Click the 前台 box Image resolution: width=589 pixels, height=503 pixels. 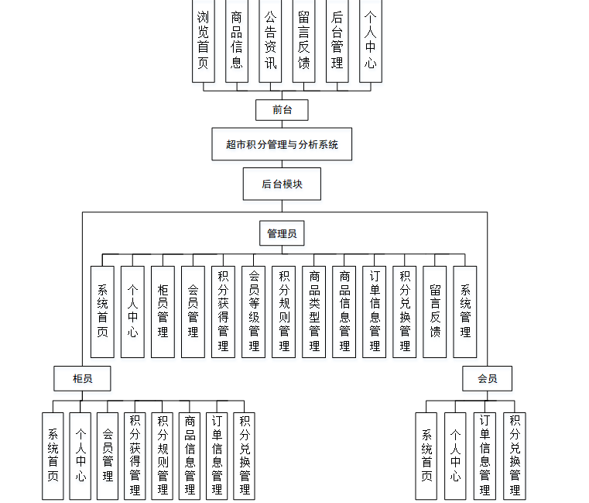pyautogui.click(x=282, y=110)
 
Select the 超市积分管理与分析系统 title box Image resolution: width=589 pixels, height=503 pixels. pyautogui.click(x=282, y=144)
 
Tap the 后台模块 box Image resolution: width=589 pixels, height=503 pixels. pyautogui.click(x=282, y=184)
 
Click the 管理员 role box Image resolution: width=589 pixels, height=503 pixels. pyautogui.click(x=282, y=233)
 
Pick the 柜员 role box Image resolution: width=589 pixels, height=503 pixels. pyautogui.click(x=82, y=379)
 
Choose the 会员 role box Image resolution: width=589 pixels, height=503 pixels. pyautogui.click(x=487, y=379)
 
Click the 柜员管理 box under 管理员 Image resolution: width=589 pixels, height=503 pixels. pyautogui.click(x=163, y=311)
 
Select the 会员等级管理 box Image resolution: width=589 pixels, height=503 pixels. pyautogui.click(x=253, y=311)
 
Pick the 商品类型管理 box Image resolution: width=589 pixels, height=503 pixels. pyautogui.click(x=313, y=311)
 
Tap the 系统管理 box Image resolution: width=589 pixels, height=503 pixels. pyautogui.click(x=465, y=311)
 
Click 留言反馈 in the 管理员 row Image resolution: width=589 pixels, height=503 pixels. pyautogui.click(x=435, y=311)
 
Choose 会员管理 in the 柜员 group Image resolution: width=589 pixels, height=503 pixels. pyautogui.click(x=108, y=456)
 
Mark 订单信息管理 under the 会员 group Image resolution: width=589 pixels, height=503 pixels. pyautogui.click(x=485, y=456)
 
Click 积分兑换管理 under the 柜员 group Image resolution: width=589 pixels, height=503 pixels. pyautogui.click(x=245, y=456)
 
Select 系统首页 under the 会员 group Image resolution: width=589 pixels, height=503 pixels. pyautogui.click(x=426, y=456)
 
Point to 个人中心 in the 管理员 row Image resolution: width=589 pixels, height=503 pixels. pyautogui.click(x=132, y=311)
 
